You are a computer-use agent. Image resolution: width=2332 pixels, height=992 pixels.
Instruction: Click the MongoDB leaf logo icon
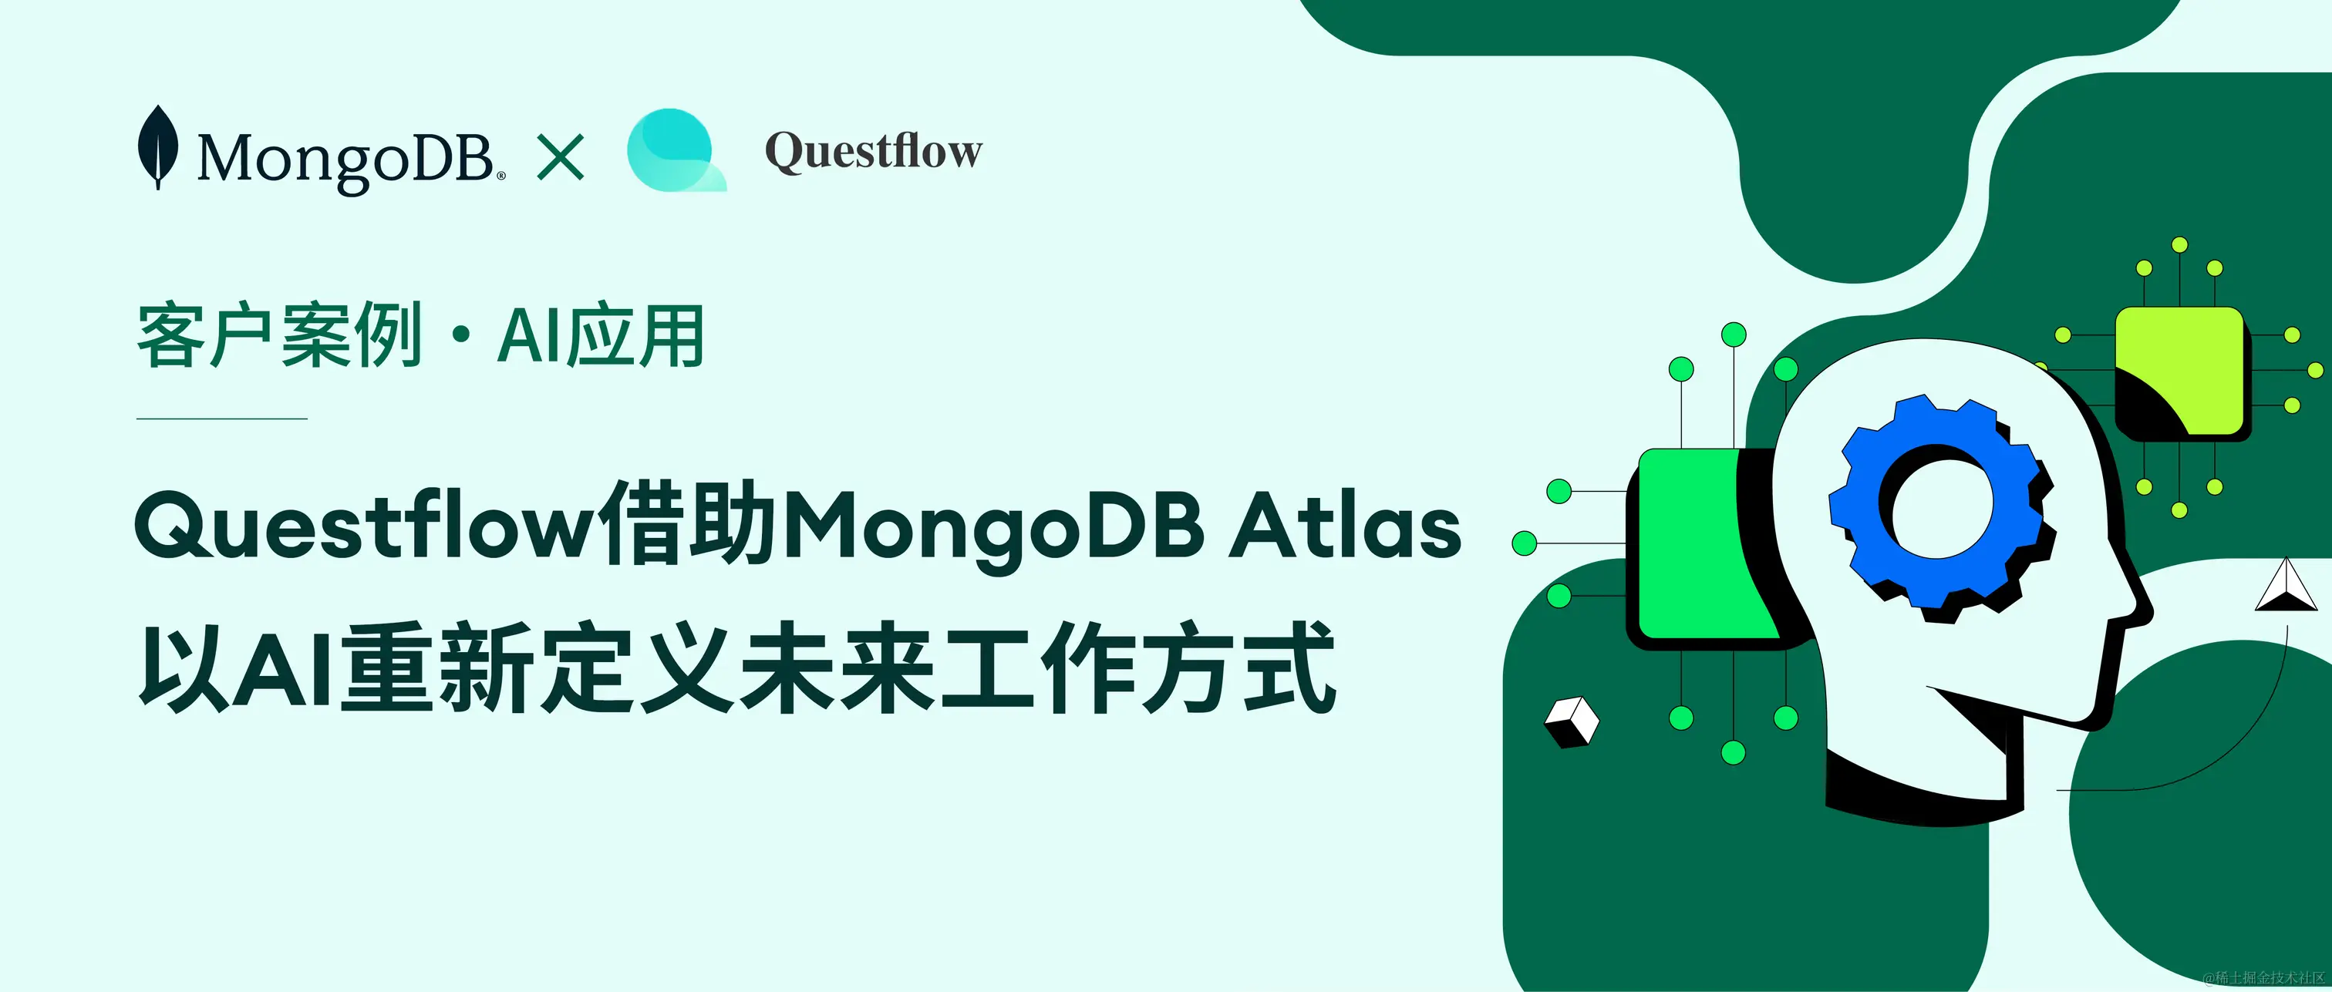(157, 146)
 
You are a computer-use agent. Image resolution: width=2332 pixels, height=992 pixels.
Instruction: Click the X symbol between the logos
(561, 156)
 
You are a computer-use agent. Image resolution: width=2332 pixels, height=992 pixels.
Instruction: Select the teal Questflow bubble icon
(676, 150)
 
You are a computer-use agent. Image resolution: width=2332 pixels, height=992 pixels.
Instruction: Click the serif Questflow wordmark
(874, 150)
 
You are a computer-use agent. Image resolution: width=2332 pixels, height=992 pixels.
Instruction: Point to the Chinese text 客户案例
(280, 336)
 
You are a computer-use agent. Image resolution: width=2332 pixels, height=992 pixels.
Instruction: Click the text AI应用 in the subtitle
(600, 336)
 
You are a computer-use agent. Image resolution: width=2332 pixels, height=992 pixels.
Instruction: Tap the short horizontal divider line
(222, 419)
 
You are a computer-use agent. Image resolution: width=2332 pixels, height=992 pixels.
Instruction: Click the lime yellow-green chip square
(2179, 370)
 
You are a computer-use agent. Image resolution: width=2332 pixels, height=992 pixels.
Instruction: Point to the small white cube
(1572, 721)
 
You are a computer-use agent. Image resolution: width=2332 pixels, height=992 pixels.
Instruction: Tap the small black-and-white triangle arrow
(2285, 586)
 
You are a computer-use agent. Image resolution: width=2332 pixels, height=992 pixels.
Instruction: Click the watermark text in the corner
(2263, 977)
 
